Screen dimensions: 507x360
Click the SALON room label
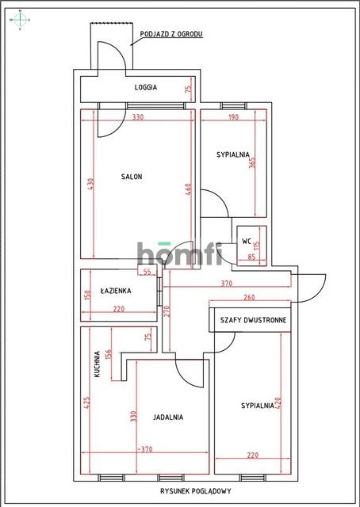[132, 177]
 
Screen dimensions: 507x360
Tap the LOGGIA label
[145, 87]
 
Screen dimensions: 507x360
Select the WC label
[247, 239]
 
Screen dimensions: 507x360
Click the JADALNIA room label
[169, 417]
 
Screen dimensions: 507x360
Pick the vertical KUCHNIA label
[98, 364]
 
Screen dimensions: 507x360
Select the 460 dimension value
[189, 190]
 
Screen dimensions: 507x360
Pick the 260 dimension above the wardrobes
[250, 298]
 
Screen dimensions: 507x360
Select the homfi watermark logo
[179, 253]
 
